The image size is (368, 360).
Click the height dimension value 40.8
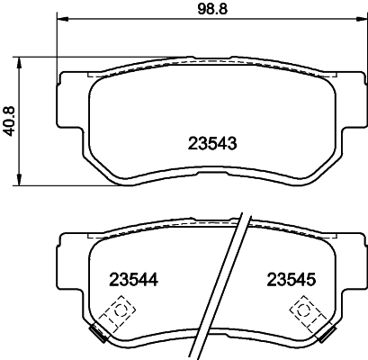click(x=10, y=121)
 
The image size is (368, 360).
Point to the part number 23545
click(x=290, y=280)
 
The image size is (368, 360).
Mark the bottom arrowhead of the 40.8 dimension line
click(x=21, y=183)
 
